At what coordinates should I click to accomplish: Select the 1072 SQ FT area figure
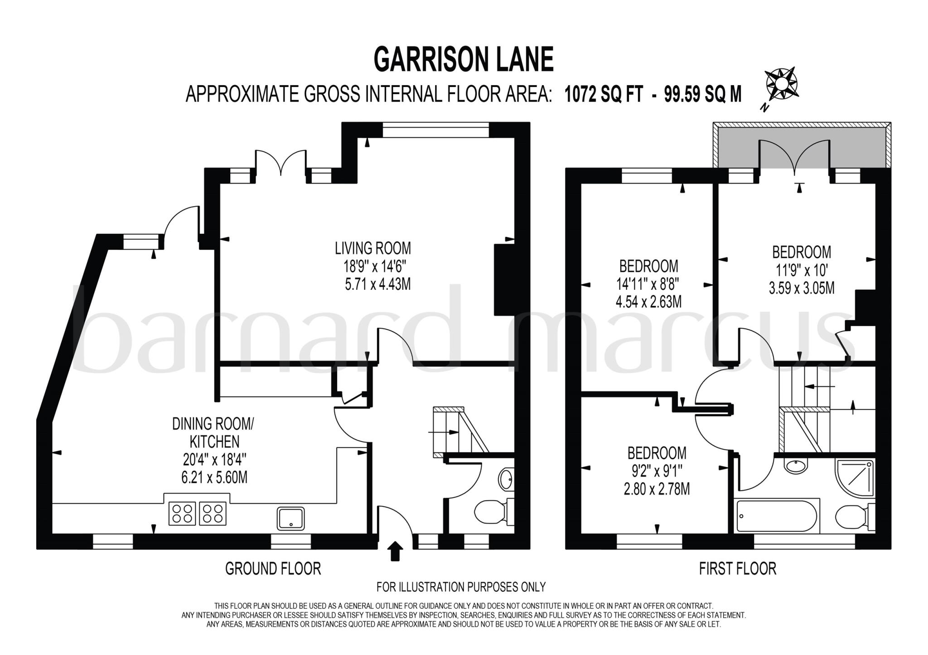coord(603,95)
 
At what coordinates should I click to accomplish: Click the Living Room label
coord(372,248)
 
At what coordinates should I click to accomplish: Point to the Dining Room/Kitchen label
coord(213,433)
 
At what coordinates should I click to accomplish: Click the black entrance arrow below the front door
coord(396,551)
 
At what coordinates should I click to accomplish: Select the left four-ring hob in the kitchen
coord(182,513)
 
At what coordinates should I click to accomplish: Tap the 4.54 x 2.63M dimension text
coord(648,302)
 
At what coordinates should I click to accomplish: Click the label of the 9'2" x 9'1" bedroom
coord(657,453)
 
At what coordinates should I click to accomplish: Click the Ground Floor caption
coord(273,568)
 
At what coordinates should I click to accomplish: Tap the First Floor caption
coord(737,568)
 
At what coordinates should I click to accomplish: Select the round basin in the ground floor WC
coord(506,478)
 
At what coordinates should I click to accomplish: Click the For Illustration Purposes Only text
coord(461,587)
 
